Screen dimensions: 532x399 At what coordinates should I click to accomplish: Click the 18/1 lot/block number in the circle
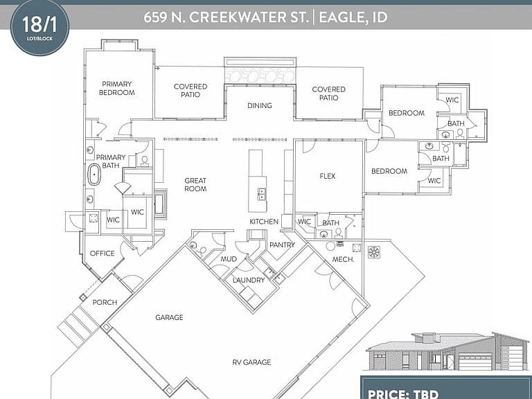[x=39, y=24]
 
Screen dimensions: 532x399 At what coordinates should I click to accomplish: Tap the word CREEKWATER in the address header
[x=248, y=17]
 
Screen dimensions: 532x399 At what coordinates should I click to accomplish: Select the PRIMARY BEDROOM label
[x=116, y=88]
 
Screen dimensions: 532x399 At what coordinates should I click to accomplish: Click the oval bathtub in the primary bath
[x=94, y=175]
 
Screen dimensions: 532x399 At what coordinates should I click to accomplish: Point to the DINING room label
[x=260, y=105]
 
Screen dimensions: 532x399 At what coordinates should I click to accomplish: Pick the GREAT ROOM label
[x=195, y=185]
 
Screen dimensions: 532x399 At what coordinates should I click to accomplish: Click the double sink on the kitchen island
[x=262, y=194]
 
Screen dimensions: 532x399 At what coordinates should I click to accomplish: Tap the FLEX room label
[x=328, y=176]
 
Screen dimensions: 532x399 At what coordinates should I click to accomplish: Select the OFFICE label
[x=102, y=254]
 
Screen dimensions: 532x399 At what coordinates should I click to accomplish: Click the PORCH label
[x=105, y=302]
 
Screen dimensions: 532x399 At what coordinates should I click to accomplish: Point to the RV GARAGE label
[x=251, y=362]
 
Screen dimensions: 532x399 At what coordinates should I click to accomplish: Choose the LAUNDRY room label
[x=249, y=281]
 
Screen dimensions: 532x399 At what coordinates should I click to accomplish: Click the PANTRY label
[x=283, y=245]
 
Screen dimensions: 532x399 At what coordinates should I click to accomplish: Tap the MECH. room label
[x=344, y=260]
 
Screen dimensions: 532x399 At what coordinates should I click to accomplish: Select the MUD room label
[x=229, y=259]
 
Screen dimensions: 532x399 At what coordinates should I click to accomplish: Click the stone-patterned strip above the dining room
[x=260, y=75]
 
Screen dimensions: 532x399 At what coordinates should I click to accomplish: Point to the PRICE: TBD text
[x=403, y=394]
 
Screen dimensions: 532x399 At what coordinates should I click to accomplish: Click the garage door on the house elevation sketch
[x=475, y=362]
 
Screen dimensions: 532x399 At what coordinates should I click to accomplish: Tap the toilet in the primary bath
[x=145, y=161]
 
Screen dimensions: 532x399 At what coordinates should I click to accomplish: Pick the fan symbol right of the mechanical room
[x=374, y=252]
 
